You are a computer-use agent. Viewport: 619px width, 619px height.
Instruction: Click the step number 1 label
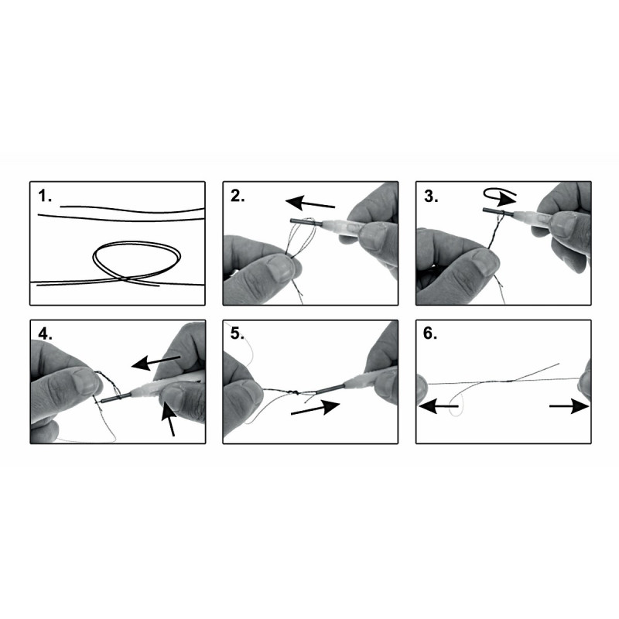45,197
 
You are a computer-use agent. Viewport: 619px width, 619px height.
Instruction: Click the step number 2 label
238,197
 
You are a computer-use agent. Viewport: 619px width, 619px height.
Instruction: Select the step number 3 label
431,197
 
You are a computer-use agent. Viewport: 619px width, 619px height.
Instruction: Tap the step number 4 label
45,334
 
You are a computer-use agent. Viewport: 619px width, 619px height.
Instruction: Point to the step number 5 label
238,334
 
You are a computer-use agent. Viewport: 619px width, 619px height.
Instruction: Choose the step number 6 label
430,334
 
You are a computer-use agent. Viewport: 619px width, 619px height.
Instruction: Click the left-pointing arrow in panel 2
310,203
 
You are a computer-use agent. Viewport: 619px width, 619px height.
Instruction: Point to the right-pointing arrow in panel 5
315,409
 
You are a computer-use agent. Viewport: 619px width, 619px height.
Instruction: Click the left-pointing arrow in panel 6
439,405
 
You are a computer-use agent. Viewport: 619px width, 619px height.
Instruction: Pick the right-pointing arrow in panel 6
569,405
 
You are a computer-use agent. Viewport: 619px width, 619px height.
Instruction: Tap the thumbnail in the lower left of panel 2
279,268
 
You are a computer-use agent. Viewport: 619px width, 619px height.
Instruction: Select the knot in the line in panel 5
292,392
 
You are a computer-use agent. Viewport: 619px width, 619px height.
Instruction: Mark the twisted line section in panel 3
494,234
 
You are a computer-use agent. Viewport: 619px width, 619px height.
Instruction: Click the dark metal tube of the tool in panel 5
331,388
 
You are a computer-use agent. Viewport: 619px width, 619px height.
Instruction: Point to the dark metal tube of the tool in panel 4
117,398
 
